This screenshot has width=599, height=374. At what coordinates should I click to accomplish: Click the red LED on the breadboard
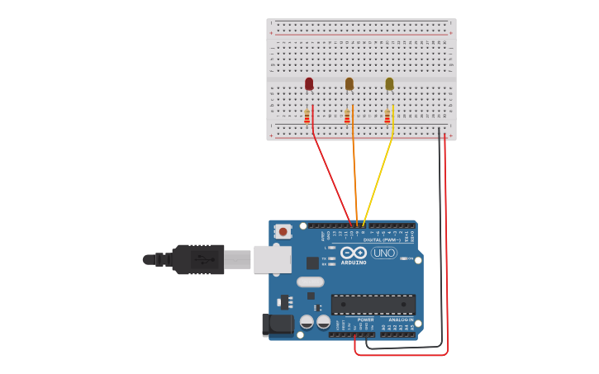309,83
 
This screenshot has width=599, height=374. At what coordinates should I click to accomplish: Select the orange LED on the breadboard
349,83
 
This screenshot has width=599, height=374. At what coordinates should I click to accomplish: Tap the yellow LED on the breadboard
389,83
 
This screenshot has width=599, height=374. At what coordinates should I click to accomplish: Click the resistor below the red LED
307,117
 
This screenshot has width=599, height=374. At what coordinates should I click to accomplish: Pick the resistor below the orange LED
348,117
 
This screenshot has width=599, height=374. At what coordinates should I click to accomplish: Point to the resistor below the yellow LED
387,117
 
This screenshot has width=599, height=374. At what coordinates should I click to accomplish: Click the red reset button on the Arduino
283,232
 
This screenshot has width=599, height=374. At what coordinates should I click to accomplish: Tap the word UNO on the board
383,253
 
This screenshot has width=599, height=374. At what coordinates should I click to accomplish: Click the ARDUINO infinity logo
353,253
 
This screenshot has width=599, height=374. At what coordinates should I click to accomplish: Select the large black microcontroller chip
373,304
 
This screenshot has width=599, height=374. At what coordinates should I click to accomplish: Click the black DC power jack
277,324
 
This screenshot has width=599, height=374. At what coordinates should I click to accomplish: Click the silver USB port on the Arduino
272,259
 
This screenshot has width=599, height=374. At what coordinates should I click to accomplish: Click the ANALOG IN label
400,319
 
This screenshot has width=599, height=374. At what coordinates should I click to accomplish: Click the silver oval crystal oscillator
311,282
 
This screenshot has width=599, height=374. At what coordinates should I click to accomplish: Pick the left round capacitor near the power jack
307,322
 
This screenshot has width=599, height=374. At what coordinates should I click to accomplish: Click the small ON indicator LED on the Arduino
403,258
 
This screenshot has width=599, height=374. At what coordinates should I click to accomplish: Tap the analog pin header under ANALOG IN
397,334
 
